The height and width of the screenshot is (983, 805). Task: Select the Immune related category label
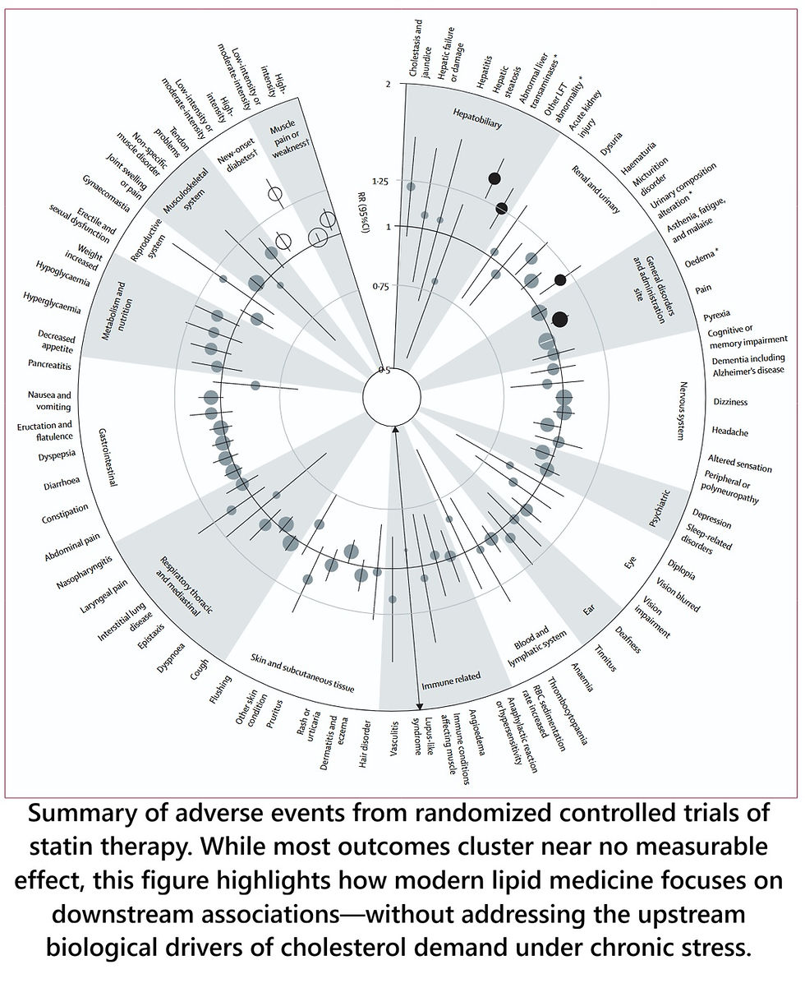point(451,683)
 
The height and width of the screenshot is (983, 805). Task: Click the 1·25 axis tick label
point(379,180)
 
